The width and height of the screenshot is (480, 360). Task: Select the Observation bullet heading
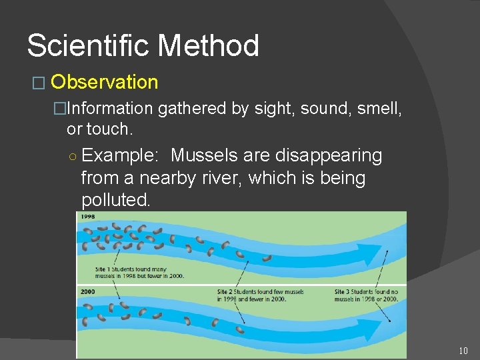point(104,82)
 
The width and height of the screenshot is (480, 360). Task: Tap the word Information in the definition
point(110,108)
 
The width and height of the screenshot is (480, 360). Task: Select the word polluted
point(115,200)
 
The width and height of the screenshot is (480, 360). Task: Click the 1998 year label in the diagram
point(88,217)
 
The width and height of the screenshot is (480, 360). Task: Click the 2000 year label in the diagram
point(88,291)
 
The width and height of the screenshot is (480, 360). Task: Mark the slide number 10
point(463,351)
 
